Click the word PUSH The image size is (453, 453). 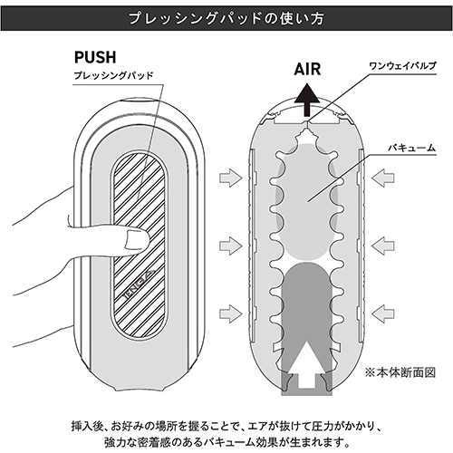95,57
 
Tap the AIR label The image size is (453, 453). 307,69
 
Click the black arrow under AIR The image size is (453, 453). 307,100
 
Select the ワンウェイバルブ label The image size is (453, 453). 403,65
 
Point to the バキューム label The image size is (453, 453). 412,148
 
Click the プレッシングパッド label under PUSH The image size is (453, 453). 114,75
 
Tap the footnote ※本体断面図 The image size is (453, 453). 400,372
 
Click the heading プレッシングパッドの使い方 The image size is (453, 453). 226,18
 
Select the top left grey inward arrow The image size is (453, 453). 231,178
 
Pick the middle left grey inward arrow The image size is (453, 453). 231,246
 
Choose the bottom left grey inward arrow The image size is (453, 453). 231,313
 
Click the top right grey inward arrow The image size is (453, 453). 383,178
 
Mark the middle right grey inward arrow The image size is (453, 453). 383,246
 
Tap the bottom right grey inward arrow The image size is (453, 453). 383,313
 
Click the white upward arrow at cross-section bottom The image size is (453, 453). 307,364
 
